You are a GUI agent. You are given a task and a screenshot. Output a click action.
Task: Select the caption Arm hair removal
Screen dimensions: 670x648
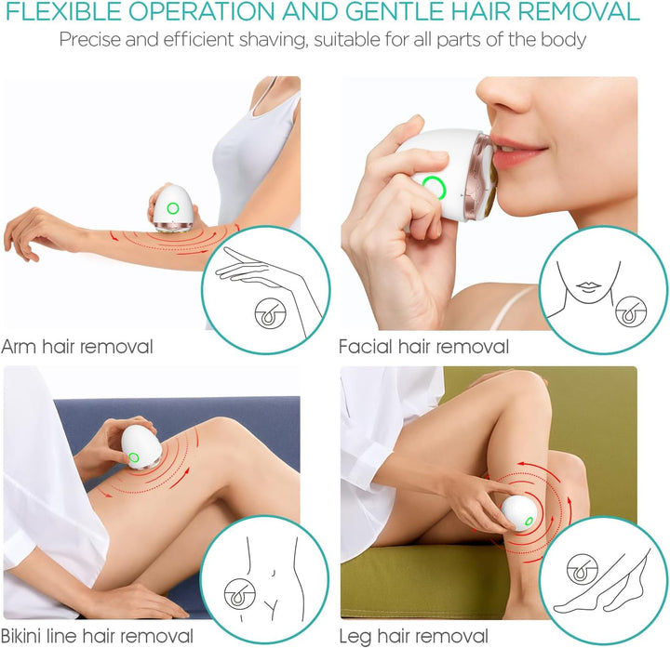click(x=77, y=346)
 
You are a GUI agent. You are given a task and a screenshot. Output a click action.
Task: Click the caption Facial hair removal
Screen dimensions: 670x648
click(x=424, y=346)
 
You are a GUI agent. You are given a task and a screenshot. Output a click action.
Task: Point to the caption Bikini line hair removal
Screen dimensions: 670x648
click(x=97, y=636)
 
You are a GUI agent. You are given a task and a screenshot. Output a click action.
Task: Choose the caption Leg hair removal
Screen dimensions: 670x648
click(x=413, y=636)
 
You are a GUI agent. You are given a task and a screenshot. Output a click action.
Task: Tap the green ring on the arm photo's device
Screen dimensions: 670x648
click(x=173, y=208)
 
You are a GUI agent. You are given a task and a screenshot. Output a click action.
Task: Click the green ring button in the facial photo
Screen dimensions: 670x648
click(x=434, y=187)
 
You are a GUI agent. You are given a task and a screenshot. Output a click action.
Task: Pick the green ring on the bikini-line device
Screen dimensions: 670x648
click(x=134, y=458)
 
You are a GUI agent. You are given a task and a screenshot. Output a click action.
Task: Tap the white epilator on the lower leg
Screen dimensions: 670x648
click(x=519, y=512)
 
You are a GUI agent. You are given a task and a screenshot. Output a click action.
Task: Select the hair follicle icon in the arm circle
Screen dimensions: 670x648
click(x=271, y=313)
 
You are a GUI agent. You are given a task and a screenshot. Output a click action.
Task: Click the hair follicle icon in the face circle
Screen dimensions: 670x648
click(x=631, y=311)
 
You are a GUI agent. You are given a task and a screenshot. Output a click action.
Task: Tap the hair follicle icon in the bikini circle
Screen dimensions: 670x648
click(x=240, y=594)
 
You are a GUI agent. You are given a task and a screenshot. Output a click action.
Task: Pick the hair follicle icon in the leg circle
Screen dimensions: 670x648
click(x=583, y=569)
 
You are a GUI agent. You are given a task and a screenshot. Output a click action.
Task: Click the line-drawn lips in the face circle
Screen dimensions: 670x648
click(x=588, y=287)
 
